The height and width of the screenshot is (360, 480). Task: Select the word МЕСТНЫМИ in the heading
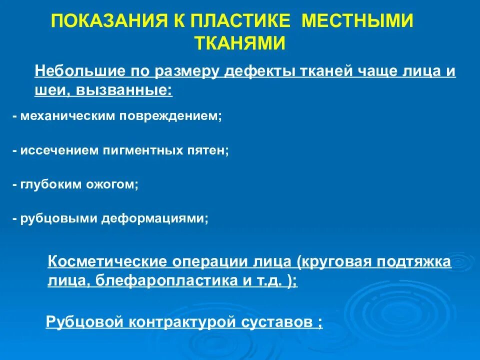coord(359,21)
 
